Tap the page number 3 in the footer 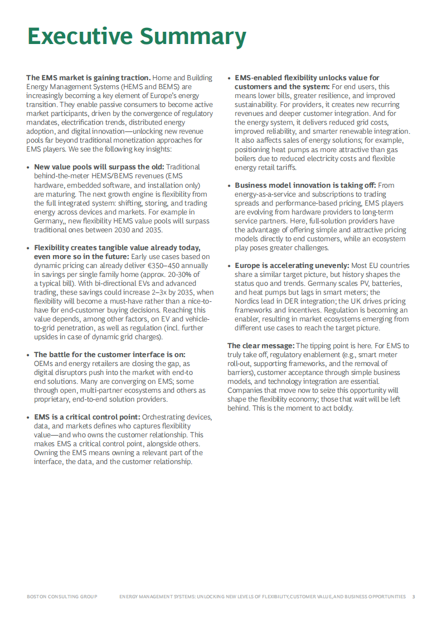click(x=413, y=597)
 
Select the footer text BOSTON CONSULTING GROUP click(x=62, y=597)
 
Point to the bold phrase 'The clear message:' click(x=260, y=345)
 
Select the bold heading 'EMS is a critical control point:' click(x=88, y=417)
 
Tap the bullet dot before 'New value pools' click(x=28, y=167)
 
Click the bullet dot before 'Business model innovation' click(x=229, y=185)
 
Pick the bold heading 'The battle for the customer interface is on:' click(x=109, y=354)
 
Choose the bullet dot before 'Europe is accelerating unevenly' click(x=229, y=265)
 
